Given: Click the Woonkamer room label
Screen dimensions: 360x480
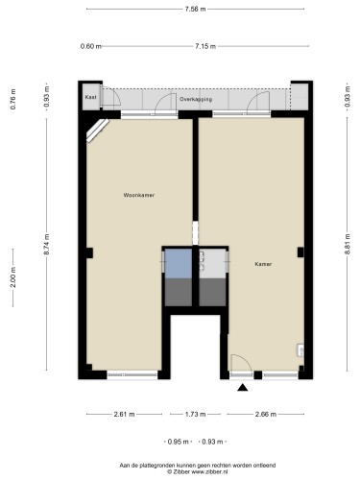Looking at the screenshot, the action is coord(139,195).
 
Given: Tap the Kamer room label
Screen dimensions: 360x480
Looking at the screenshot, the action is coord(263,264).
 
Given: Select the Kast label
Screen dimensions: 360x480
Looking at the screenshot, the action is coord(91,97).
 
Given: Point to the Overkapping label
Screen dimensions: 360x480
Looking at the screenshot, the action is coord(196,99).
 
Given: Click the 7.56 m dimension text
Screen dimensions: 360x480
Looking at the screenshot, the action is coord(195,9).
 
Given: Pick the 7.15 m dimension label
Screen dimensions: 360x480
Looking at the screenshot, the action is coord(205,46).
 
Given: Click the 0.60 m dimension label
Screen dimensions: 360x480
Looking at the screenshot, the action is coord(90,46).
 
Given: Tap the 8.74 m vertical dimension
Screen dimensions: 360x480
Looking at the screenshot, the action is coord(47,244).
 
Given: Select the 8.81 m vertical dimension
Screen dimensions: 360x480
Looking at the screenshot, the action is coord(348,244).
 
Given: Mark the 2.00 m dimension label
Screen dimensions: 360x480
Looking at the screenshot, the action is coord(13,277).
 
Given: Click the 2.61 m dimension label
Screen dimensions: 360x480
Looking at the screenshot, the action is coord(124,414).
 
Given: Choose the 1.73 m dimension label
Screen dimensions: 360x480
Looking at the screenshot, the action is coord(195,414).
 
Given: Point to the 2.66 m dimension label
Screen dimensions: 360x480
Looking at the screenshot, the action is coord(266,414).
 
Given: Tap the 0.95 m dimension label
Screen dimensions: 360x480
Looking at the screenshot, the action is coord(178,442).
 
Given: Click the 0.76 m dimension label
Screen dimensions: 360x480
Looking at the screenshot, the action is coord(13,99).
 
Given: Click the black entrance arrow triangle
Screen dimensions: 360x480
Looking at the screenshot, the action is coord(243,388).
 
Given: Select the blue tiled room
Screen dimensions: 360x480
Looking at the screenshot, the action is coord(179,263).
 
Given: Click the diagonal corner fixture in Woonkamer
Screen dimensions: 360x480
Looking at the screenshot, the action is coord(97,130).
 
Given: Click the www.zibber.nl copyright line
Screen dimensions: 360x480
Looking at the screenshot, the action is coord(198,471).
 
